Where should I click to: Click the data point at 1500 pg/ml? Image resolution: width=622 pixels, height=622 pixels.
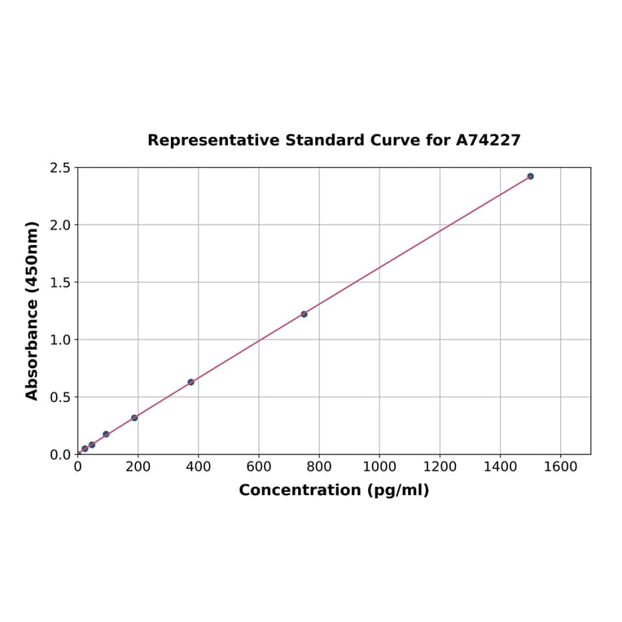pos(530,176)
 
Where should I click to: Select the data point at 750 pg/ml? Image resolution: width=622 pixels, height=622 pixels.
pos(304,314)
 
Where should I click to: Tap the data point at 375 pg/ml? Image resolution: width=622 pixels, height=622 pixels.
pos(191,382)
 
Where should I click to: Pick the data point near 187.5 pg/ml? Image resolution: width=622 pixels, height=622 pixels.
pos(134,418)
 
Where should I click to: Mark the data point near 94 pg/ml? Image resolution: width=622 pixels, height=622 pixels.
pos(106,434)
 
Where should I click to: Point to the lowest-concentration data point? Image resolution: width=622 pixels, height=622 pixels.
pos(85,449)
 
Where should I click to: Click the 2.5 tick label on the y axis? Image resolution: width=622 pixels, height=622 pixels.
pos(60,168)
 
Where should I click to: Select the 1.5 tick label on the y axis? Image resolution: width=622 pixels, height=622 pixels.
pos(60,283)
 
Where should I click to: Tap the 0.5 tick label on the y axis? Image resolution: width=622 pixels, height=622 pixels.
pos(60,397)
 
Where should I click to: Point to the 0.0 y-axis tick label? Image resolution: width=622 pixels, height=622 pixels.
pos(60,454)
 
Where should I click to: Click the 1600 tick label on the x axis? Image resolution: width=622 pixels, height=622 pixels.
pos(560,467)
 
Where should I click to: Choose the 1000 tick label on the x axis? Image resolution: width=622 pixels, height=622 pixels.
pos(379,467)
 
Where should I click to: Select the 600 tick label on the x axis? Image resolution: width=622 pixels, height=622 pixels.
pos(259,467)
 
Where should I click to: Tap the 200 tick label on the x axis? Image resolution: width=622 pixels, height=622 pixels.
pos(138,467)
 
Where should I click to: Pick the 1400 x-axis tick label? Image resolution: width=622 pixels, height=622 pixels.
pos(500,467)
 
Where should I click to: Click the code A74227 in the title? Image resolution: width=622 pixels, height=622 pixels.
pos(488,140)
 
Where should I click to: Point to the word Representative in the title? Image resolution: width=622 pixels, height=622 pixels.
pos(213,140)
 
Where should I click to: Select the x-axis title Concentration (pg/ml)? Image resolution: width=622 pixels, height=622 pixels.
pos(334,490)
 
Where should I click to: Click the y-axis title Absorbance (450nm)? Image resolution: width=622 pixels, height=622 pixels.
pos(33,310)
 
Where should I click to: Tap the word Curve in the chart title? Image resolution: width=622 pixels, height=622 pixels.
pos(395,140)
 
